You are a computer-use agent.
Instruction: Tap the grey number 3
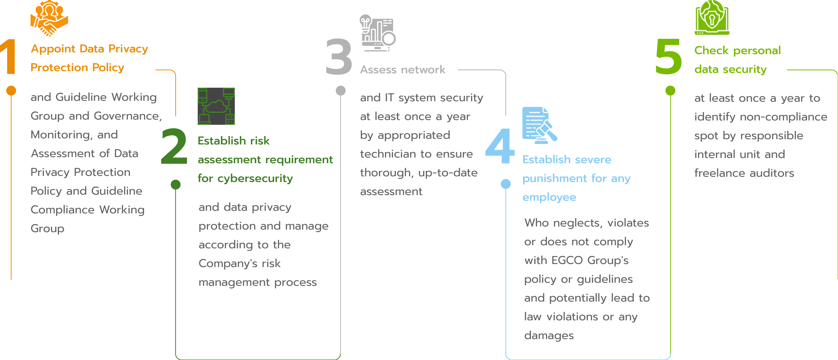[339, 57]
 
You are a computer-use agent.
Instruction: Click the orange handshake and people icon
[49, 18]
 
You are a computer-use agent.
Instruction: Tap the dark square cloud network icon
[216, 106]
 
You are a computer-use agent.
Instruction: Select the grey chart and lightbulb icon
[377, 33]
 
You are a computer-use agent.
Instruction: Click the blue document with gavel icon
[540, 125]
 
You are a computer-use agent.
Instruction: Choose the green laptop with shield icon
[712, 17]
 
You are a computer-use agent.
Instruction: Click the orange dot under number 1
[11, 90]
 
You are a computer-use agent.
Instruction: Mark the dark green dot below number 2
[176, 184]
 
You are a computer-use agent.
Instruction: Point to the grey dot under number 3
[341, 90]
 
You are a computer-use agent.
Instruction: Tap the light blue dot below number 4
[506, 184]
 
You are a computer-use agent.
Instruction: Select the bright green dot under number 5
[670, 90]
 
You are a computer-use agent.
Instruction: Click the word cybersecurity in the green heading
[255, 178]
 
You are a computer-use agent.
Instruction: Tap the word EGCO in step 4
[567, 260]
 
